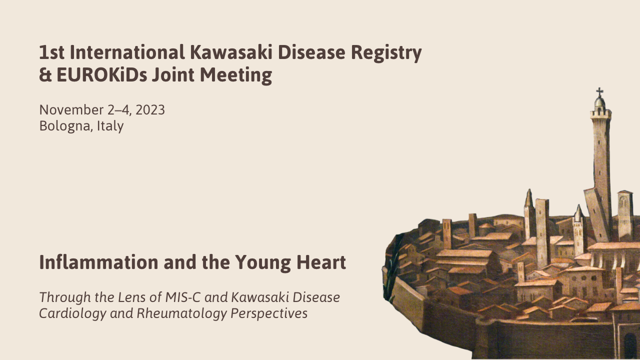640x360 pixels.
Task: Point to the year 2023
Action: tap(150, 110)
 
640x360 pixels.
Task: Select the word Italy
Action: tap(110, 126)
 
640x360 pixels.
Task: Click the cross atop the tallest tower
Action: tap(599, 92)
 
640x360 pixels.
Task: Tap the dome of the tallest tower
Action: tap(600, 103)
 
